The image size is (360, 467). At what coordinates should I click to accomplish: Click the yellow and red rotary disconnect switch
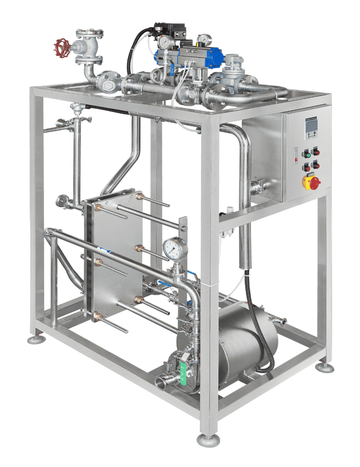point(311,182)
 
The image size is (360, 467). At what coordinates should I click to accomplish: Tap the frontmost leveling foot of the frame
point(208,439)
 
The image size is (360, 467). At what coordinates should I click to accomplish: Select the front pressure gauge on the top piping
point(164,42)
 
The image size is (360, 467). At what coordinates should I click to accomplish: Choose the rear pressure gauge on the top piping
point(204,38)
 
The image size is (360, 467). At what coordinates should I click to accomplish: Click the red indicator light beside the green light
point(316,152)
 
